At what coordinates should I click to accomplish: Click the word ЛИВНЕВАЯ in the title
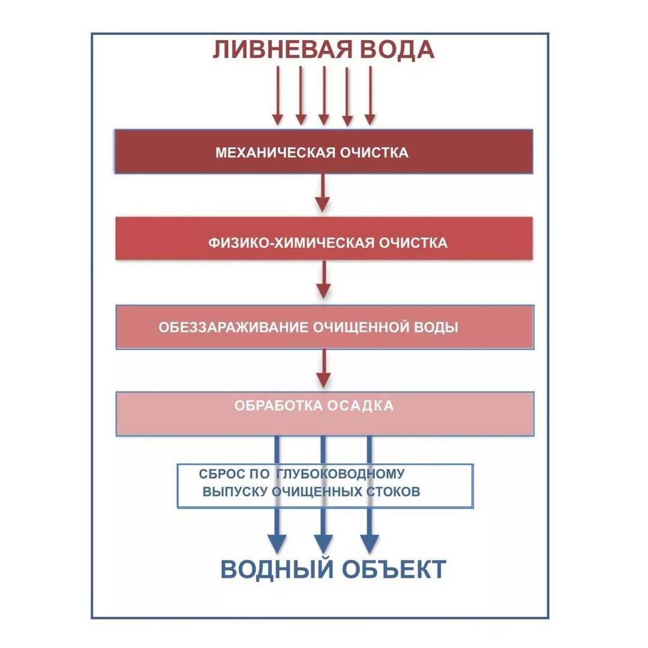click(x=280, y=49)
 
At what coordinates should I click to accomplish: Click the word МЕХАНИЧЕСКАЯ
click(x=275, y=152)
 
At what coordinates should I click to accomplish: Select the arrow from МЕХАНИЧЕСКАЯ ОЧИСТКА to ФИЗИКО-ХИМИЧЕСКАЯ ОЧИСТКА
click(x=323, y=193)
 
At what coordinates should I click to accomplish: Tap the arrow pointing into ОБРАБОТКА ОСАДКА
click(x=323, y=368)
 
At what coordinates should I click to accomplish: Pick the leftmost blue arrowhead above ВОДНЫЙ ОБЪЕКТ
click(x=277, y=543)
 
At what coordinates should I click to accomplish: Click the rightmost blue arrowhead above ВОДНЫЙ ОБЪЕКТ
click(x=369, y=543)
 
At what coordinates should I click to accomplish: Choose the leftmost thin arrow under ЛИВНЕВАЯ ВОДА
click(x=277, y=96)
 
